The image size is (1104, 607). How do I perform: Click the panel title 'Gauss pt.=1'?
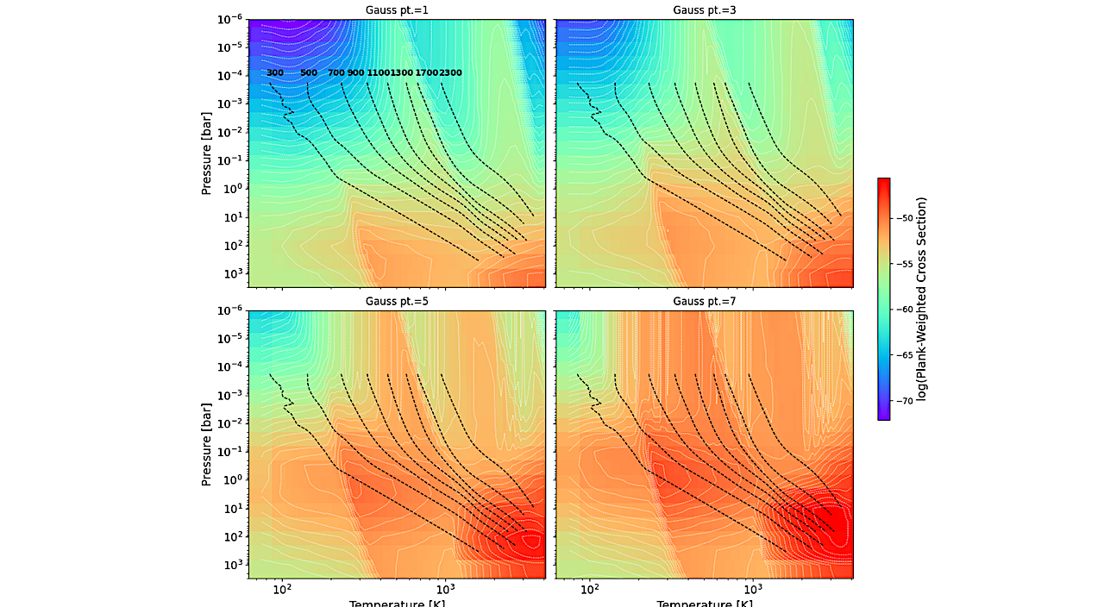point(397,10)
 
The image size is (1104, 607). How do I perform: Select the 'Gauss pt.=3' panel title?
point(704,10)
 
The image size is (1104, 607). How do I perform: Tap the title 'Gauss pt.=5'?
point(397,301)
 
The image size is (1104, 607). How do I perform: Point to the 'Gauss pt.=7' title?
point(704,301)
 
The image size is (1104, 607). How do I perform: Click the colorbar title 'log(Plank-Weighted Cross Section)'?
point(922,299)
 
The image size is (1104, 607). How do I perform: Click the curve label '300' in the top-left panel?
point(275,73)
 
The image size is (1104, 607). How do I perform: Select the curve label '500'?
point(309,73)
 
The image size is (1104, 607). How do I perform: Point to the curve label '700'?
point(336,73)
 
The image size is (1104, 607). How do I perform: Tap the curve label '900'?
point(355,73)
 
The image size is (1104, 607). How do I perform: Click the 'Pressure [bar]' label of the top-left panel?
point(207,153)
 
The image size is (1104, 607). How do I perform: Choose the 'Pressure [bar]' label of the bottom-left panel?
point(207,443)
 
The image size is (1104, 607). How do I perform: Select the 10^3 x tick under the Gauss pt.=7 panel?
point(753,590)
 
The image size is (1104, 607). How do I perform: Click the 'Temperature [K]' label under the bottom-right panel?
point(704,603)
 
